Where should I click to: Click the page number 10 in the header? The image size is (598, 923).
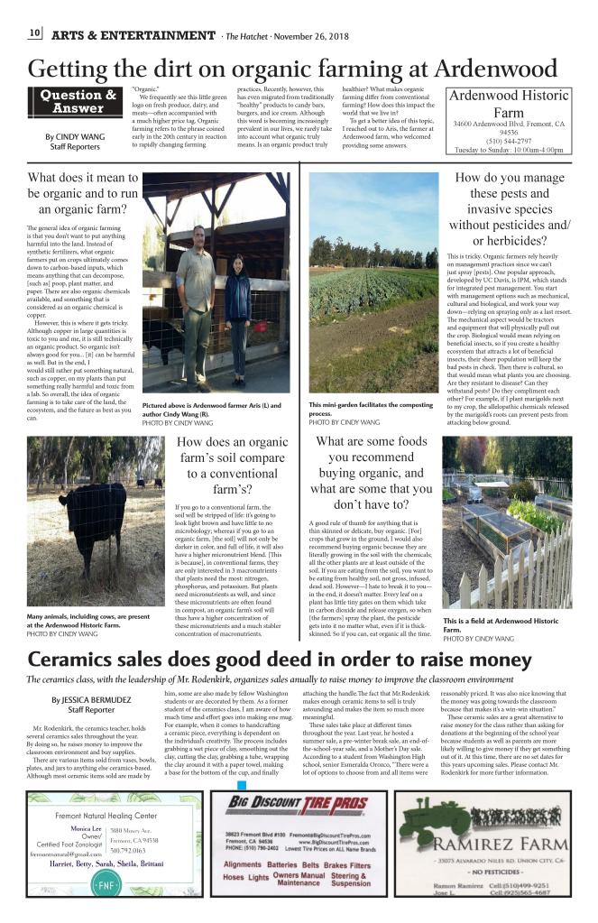[x=35, y=34]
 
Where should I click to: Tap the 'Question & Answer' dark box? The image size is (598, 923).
[x=78, y=101]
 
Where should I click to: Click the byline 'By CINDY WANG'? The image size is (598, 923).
[x=74, y=137]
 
